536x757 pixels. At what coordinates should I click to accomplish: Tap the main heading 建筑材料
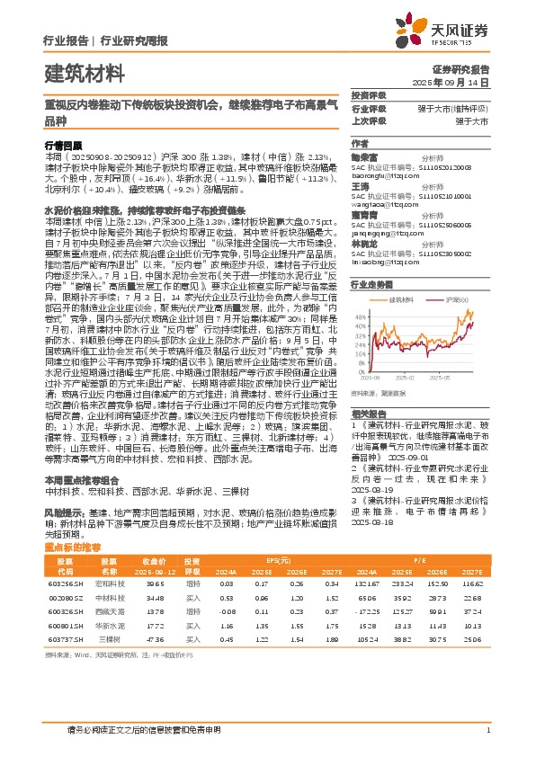tap(85, 71)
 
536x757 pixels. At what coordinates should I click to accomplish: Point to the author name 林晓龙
tap(363, 243)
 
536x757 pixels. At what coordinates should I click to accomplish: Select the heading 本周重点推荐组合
tap(83, 479)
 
